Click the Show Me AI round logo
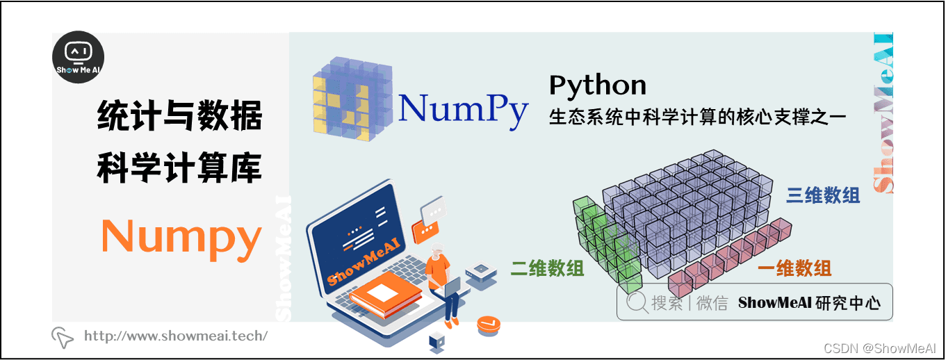79,57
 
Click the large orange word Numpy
181,237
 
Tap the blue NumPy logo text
463,108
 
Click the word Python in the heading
597,85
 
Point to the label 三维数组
823,195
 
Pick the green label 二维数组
547,268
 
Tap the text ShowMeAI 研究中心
809,303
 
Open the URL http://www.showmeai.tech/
175,336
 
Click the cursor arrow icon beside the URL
63,337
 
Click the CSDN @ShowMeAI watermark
879,347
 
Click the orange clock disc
489,325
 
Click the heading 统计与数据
179,116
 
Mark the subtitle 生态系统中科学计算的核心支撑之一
697,117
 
